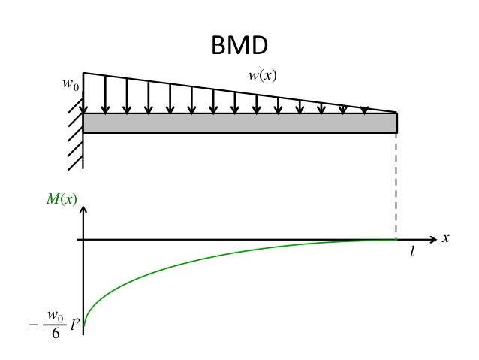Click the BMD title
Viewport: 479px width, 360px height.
click(x=239, y=47)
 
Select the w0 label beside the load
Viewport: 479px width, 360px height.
click(x=70, y=84)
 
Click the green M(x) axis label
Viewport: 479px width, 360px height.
click(x=62, y=199)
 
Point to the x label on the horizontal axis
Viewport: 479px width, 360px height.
click(x=445, y=238)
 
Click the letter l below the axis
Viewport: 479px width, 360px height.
click(x=411, y=254)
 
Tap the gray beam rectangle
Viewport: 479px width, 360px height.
click(x=240, y=123)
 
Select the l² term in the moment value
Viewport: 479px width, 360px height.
click(x=77, y=324)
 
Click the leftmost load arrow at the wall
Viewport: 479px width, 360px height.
click(x=105, y=94)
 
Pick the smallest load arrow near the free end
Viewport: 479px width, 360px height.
click(x=365, y=110)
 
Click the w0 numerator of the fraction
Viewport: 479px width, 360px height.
click(x=56, y=315)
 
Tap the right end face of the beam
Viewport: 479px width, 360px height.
click(x=397, y=123)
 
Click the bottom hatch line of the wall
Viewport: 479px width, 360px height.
click(x=74, y=159)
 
